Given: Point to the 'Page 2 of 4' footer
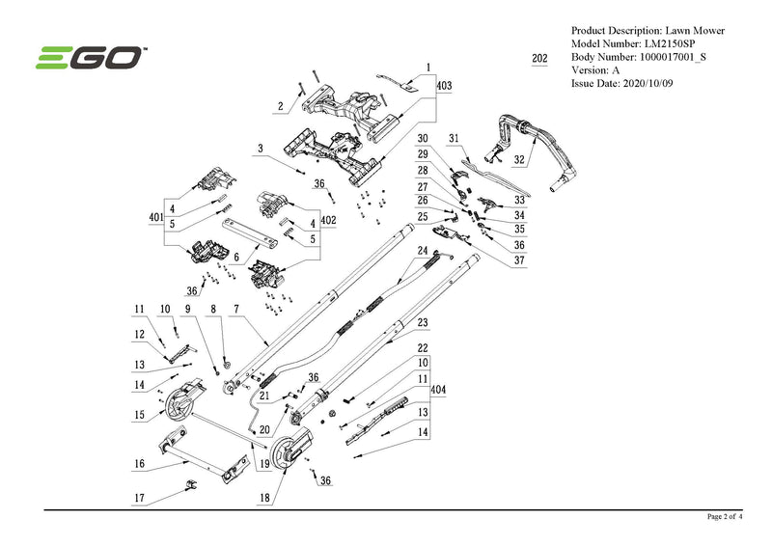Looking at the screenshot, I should [x=725, y=517].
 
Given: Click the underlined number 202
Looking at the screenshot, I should [x=539, y=59].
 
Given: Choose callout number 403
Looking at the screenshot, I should [x=444, y=86].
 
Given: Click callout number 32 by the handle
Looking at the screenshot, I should [x=519, y=159].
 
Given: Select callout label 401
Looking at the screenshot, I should [x=155, y=219].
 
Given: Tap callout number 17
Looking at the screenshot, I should [x=139, y=499].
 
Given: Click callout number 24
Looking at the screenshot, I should [x=422, y=251].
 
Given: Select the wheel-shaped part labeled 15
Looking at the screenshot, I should [x=180, y=406].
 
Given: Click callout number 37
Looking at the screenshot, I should [x=519, y=259].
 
